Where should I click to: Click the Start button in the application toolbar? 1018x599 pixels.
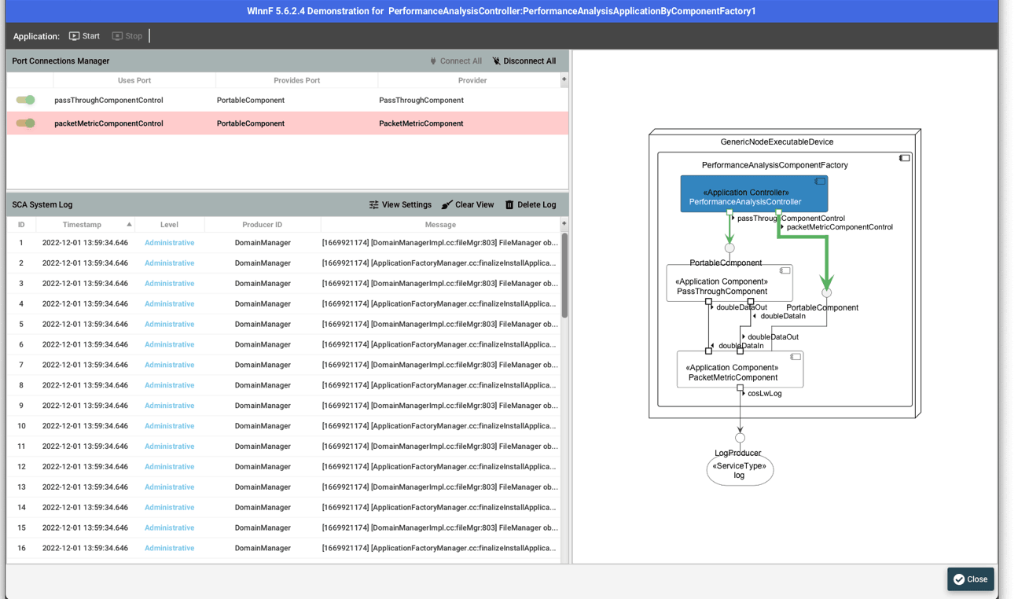coord(84,36)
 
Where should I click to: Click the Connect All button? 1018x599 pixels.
coord(455,61)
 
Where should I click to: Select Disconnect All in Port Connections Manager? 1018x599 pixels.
coord(524,61)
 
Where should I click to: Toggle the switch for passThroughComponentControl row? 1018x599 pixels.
coord(26,100)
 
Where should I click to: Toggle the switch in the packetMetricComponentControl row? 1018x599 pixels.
coord(26,123)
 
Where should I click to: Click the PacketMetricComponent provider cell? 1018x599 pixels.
coord(421,123)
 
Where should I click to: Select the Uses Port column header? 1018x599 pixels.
coord(134,80)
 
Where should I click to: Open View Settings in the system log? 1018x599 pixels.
coord(400,205)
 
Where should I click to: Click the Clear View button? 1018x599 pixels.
coord(468,205)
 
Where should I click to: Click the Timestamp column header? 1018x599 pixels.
coord(83,225)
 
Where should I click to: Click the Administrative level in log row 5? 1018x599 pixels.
coord(169,324)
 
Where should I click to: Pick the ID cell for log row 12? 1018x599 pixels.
coord(21,467)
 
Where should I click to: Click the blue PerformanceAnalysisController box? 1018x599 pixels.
coord(753,194)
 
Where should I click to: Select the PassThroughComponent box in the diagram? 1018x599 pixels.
coord(729,284)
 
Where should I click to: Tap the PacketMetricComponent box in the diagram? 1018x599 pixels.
coord(739,370)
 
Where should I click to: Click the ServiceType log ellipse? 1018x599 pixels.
coord(739,471)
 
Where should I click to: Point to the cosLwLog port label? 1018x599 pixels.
coord(764,394)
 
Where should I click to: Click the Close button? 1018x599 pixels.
coord(970,579)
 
